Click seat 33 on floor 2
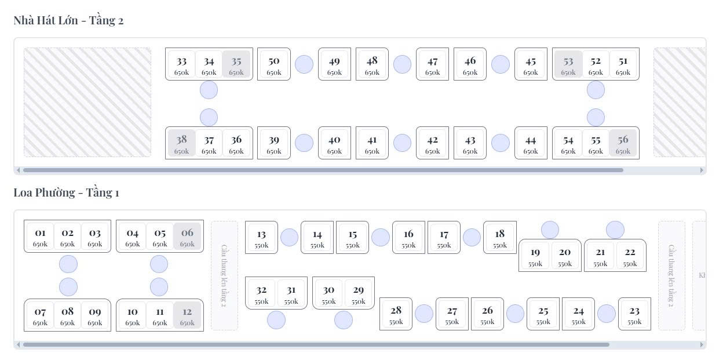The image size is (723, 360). pos(181,64)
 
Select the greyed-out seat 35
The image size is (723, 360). pos(236,64)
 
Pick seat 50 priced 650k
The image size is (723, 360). pos(273,64)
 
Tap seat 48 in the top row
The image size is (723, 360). pos(372,64)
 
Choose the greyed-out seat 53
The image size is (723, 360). pos(568,64)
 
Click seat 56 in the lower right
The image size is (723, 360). pos(623,143)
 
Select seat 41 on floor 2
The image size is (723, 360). pos(372,143)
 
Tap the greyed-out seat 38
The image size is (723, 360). pos(181,143)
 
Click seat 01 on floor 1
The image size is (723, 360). pos(40,237)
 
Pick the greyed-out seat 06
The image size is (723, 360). pos(187,237)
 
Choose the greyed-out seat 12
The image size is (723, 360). pos(187,315)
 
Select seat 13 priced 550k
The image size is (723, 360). pos(261,238)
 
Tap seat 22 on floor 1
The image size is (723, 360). pos(630,256)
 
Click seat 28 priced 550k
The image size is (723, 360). pos(396,314)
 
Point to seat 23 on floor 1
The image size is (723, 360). pos(634,314)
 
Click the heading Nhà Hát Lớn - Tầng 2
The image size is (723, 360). pos(68,20)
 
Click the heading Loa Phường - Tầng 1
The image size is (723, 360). pos(66,192)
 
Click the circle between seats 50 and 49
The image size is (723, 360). pos(304,64)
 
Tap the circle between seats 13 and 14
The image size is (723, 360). pos(289,238)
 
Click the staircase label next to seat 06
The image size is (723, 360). pos(224,275)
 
